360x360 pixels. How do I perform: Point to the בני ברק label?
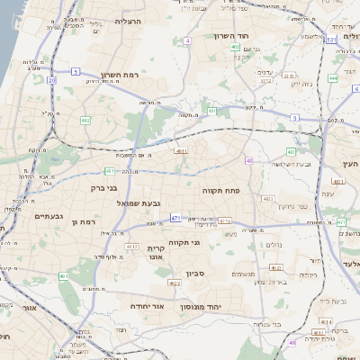click(104, 189)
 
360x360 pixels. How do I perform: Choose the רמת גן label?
click(81, 221)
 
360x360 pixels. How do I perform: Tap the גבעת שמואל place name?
click(139, 203)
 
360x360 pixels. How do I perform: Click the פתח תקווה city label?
click(220, 190)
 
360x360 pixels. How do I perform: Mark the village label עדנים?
click(265, 70)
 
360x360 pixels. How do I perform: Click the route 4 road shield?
click(187, 41)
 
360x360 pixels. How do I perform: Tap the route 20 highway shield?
click(52, 81)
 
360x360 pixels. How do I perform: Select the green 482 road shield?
click(85, 120)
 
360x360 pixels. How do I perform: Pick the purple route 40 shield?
click(248, 160)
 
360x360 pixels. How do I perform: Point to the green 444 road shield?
click(332, 78)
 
